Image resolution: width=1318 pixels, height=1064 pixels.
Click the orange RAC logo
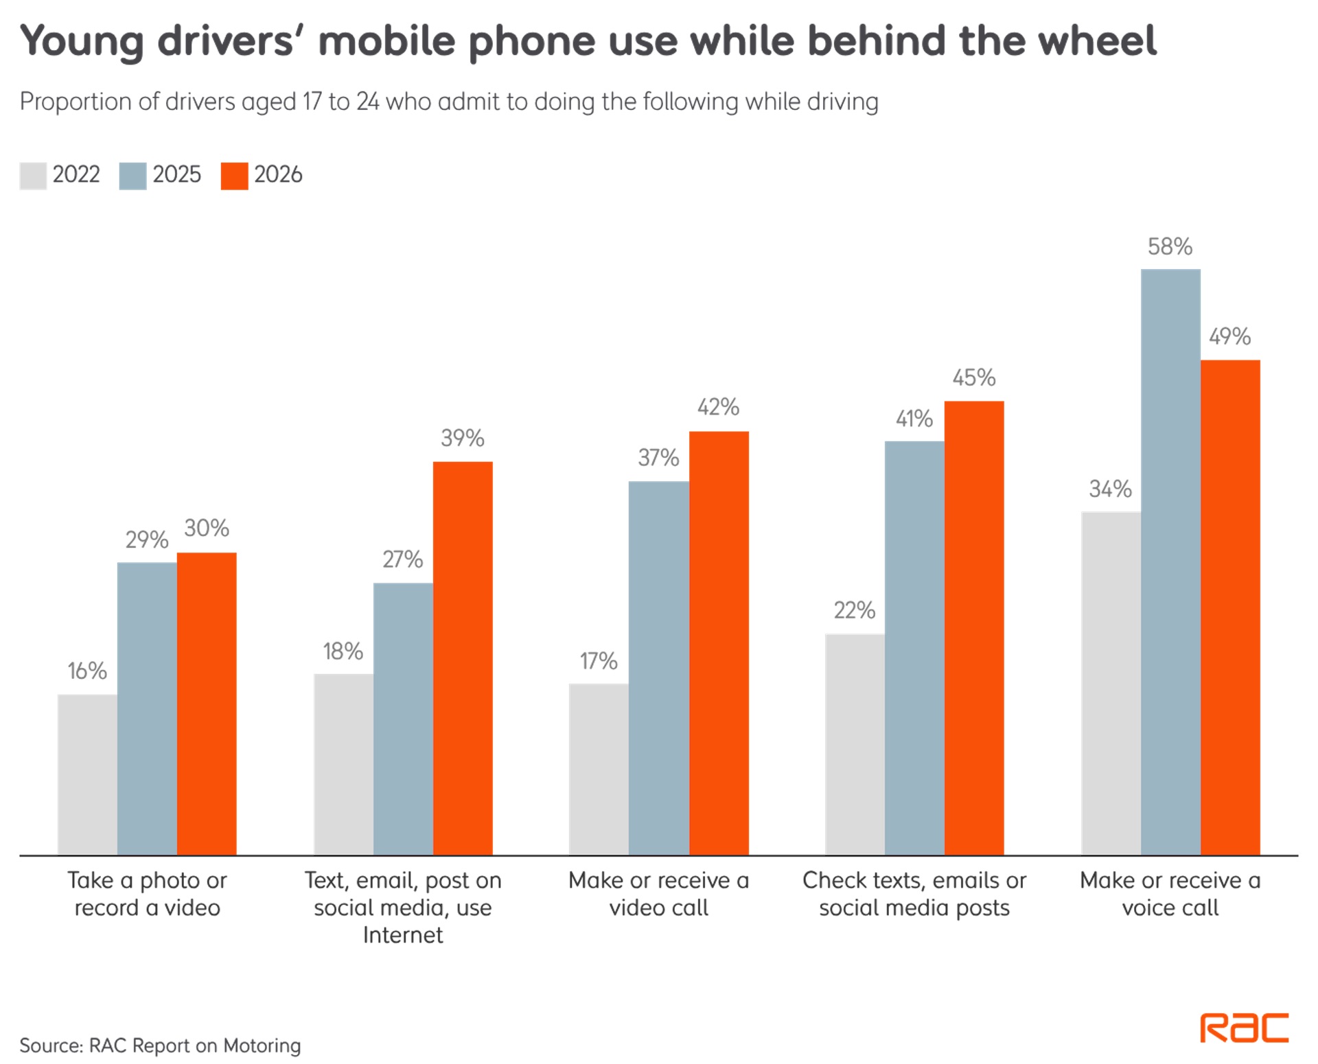click(x=1244, y=1028)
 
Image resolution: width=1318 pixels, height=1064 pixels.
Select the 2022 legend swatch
click(x=33, y=176)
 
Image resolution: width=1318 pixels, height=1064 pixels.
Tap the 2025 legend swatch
click(x=132, y=176)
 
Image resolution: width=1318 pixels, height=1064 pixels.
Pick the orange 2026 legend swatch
click(x=234, y=176)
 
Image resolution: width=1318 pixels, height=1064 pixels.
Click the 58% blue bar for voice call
click(x=1170, y=562)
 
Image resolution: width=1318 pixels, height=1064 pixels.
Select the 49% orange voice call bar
click(x=1230, y=608)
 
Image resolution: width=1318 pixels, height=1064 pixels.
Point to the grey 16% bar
click(x=87, y=775)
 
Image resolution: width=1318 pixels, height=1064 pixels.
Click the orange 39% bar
click(x=463, y=658)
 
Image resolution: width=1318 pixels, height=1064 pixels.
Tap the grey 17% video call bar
click(x=599, y=770)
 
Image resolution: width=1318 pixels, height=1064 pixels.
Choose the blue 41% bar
click(x=914, y=648)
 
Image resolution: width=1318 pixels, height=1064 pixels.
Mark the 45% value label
click(x=973, y=378)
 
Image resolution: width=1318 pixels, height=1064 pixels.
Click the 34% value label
click(x=1110, y=489)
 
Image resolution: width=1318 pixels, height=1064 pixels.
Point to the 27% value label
click(x=402, y=559)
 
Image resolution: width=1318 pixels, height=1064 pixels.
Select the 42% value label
click(x=718, y=407)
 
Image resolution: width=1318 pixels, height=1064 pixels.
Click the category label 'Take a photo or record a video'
click(x=147, y=894)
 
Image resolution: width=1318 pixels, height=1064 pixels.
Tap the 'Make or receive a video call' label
click(x=658, y=894)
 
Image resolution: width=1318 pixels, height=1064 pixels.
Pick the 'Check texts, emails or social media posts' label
click(x=914, y=894)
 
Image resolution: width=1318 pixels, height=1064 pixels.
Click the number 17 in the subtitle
click(x=312, y=102)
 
